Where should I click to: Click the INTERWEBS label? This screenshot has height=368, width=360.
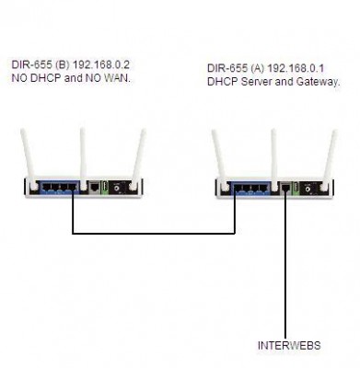tap(289, 346)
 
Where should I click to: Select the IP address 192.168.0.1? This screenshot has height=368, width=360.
tap(296, 68)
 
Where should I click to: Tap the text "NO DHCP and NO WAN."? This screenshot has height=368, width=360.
tap(71, 78)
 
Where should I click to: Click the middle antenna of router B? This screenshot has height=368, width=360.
tap(83, 159)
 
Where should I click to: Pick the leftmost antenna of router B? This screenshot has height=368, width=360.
tap(28, 159)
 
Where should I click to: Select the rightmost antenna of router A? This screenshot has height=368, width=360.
tap(329, 161)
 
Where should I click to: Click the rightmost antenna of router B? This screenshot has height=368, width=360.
tap(138, 159)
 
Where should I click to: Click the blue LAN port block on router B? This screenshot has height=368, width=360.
tap(59, 188)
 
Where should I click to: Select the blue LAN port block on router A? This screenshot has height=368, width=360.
tap(251, 188)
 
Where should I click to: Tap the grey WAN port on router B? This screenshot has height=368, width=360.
tap(94, 187)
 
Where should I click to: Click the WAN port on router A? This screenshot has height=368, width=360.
tap(285, 188)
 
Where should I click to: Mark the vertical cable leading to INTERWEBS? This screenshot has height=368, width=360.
tap(285, 264)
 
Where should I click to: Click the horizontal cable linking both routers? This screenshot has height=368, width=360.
tap(154, 234)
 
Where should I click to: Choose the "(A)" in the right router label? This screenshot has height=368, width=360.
tap(258, 68)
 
